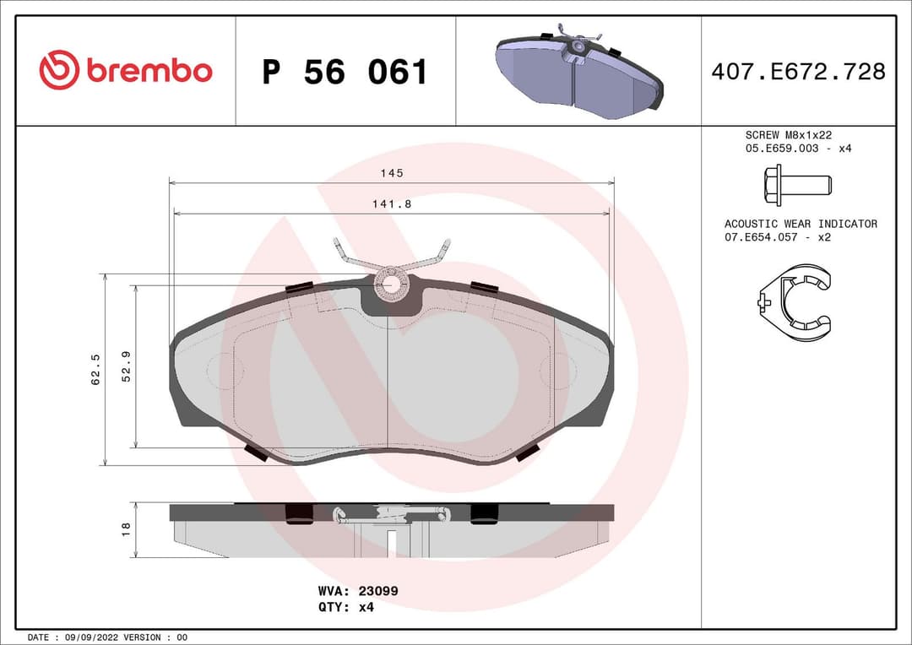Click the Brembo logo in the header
point(125,71)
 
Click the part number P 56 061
point(345,73)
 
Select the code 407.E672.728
point(798,72)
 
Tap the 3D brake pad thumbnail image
point(578,72)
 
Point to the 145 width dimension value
point(392,173)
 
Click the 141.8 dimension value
point(392,203)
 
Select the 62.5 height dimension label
point(96,370)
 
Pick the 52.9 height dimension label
point(127,366)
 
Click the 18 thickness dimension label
point(127,529)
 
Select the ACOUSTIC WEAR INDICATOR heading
point(800,224)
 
